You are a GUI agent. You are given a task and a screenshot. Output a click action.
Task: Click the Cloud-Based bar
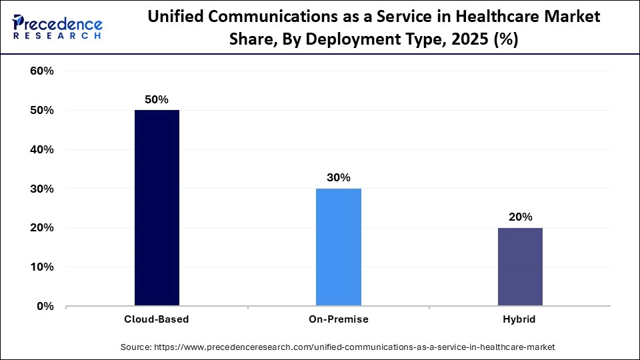coord(157,208)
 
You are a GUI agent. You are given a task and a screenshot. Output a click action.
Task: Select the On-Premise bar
coord(338,247)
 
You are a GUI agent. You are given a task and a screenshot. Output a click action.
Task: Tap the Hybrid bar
coord(520,267)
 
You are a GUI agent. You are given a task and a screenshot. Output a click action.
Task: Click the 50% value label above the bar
coord(157,99)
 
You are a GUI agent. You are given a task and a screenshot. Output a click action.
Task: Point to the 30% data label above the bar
coord(338,177)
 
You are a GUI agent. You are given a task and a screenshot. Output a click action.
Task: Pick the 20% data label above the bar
coord(520,217)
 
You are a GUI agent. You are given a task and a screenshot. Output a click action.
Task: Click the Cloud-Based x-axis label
coord(157,319)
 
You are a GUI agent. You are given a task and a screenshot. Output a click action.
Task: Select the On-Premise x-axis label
coord(338,319)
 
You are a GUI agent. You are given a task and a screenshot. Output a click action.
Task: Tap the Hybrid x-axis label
coord(520,319)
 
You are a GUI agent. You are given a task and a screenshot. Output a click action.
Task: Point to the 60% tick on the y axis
coord(42,71)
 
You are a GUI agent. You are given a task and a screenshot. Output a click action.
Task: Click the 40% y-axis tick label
coord(42,150)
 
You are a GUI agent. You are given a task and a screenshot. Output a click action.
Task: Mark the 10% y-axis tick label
coord(42,267)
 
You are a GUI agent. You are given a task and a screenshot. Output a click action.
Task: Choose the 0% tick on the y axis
coord(45,307)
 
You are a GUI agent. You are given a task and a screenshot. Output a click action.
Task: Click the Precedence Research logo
coord(57,27)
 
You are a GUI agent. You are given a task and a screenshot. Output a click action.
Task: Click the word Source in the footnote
coord(137,347)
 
